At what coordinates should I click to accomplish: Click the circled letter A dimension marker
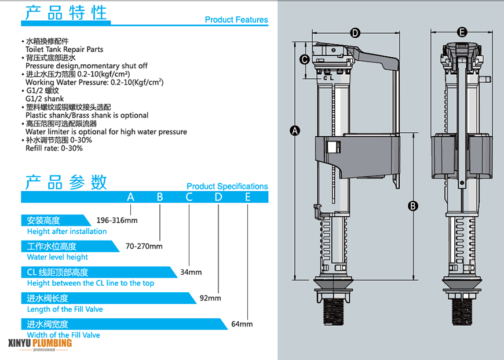[x=295, y=130]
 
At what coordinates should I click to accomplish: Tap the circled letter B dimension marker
[x=413, y=205]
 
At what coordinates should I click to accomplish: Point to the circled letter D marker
[x=355, y=32]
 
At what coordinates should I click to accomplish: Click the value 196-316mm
[x=117, y=220]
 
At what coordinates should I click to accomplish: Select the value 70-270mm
[x=144, y=246]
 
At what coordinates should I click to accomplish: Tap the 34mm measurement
[x=191, y=272]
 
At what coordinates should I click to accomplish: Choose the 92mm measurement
[x=210, y=298]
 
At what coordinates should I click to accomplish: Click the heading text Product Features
[x=236, y=20]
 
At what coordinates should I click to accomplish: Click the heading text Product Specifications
[x=227, y=187]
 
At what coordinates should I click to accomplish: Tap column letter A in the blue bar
[x=131, y=197]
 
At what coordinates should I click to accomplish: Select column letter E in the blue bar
[x=247, y=197]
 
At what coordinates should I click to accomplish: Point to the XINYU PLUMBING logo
[x=40, y=344]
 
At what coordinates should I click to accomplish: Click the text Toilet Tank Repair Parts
[x=56, y=50]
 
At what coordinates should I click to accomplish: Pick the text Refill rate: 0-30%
[x=54, y=148]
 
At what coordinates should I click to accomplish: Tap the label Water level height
[x=57, y=257]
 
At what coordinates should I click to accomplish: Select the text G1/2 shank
[x=45, y=99]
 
